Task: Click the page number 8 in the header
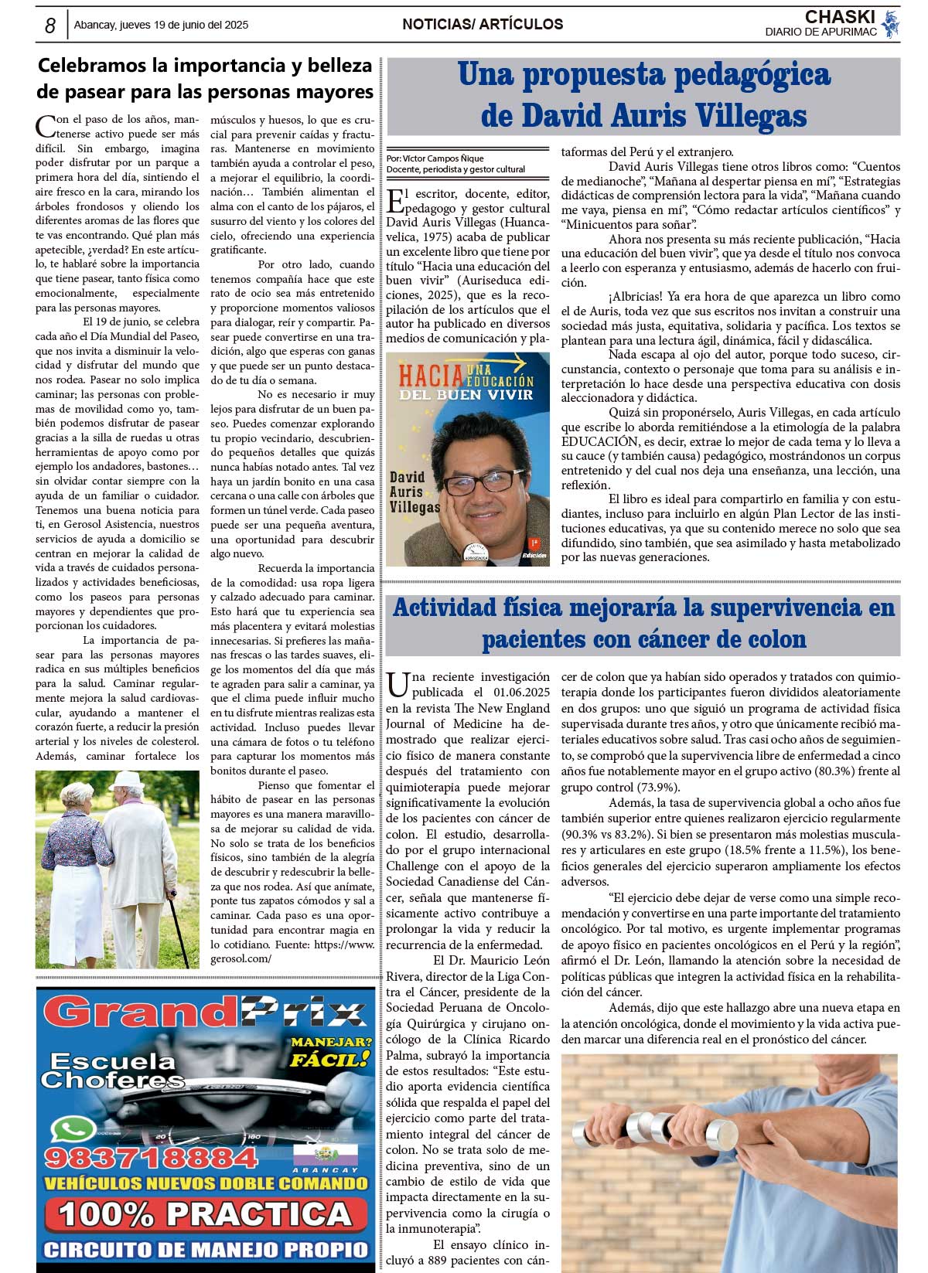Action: pyautogui.click(x=50, y=26)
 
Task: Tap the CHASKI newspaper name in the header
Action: pyautogui.click(x=839, y=17)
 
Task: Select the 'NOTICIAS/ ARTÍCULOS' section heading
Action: pyautogui.click(x=483, y=25)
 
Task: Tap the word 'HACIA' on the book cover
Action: pyautogui.click(x=430, y=376)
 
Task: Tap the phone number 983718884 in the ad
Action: pyautogui.click(x=151, y=1157)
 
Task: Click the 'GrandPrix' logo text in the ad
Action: pyautogui.click(x=205, y=1013)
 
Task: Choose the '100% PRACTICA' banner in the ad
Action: pyautogui.click(x=205, y=1214)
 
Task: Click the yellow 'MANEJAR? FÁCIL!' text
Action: pyautogui.click(x=330, y=1051)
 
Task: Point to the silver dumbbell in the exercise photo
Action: pyautogui.click(x=651, y=1129)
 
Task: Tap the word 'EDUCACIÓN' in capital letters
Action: pyautogui.click(x=599, y=441)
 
